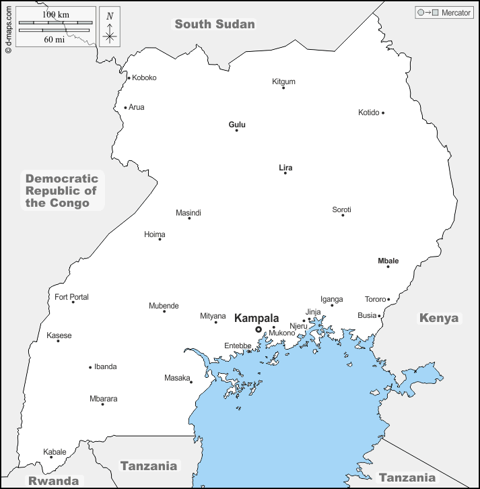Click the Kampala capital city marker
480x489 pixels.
259,329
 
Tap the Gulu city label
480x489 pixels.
237,125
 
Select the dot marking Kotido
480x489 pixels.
383,112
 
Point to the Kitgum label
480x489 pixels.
283,81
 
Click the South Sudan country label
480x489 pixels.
215,24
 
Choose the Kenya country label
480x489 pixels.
438,318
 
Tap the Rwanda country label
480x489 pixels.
53,481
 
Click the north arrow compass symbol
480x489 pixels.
110,28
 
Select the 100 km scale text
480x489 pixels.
55,14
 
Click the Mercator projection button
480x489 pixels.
443,13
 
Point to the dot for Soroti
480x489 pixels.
343,215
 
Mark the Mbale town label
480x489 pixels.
388,261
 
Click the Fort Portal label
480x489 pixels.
71,297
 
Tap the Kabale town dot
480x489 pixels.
51,457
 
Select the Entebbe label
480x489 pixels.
238,346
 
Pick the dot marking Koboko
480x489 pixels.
129,77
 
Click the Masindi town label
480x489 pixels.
188,213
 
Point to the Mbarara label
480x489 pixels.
104,399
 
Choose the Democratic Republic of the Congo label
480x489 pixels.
62,191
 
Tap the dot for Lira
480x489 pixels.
285,173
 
